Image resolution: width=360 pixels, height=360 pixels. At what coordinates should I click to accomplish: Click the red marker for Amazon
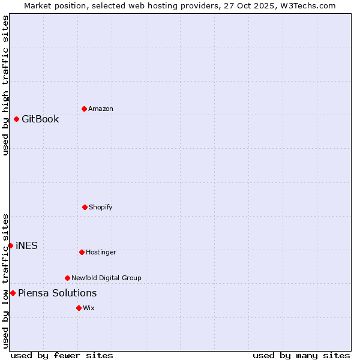click(84, 109)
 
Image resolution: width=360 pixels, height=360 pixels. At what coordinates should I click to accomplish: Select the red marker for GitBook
click(16, 119)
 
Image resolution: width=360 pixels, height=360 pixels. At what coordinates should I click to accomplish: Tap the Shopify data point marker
click(85, 207)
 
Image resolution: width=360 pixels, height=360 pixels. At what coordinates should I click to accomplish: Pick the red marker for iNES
click(10, 245)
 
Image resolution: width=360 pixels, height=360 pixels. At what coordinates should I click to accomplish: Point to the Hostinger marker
click(82, 252)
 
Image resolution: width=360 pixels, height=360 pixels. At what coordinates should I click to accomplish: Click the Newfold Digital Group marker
click(67, 278)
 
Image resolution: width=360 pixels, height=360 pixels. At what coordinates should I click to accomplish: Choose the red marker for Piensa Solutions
click(13, 293)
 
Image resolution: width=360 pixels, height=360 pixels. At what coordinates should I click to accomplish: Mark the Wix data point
click(79, 308)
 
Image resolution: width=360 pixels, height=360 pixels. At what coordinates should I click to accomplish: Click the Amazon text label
click(101, 109)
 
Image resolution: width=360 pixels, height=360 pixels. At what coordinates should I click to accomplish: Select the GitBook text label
click(40, 119)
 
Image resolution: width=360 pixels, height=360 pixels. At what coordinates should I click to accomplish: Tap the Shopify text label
click(101, 208)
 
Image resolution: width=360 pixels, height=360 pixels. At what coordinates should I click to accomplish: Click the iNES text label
click(26, 245)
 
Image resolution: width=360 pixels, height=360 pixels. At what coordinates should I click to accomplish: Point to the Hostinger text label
click(101, 253)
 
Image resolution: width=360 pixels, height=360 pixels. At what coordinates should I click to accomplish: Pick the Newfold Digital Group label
click(106, 278)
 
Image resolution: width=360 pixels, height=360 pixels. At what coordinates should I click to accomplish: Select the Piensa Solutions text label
click(57, 293)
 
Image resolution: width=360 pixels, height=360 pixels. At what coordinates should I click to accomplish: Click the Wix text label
click(89, 308)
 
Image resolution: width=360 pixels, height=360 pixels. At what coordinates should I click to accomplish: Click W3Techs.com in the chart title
click(307, 5)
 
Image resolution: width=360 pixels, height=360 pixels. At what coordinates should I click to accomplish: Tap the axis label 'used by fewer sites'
click(62, 355)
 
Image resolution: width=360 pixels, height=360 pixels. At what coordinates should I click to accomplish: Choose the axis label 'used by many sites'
click(301, 355)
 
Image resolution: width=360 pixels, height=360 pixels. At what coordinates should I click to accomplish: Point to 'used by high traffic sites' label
click(5, 85)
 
